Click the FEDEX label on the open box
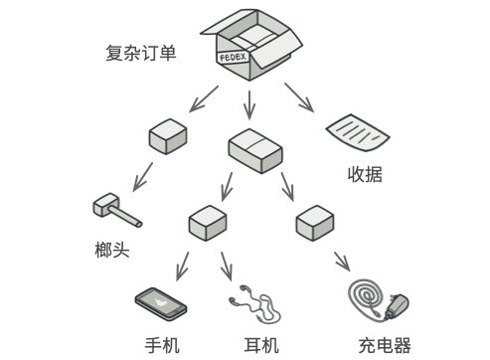(233, 57)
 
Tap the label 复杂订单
(141, 53)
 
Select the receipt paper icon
(358, 132)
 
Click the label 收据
(365, 174)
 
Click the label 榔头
(112, 250)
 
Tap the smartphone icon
(161, 303)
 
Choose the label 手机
(162, 345)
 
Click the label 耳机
(261, 345)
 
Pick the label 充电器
(385, 345)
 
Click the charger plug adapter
(397, 306)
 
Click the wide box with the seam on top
(255, 151)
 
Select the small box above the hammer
(168, 136)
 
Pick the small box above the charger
(315, 223)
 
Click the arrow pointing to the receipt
(299, 97)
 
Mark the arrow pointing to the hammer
(143, 177)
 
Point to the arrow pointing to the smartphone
(183, 267)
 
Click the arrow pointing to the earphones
(227, 267)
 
